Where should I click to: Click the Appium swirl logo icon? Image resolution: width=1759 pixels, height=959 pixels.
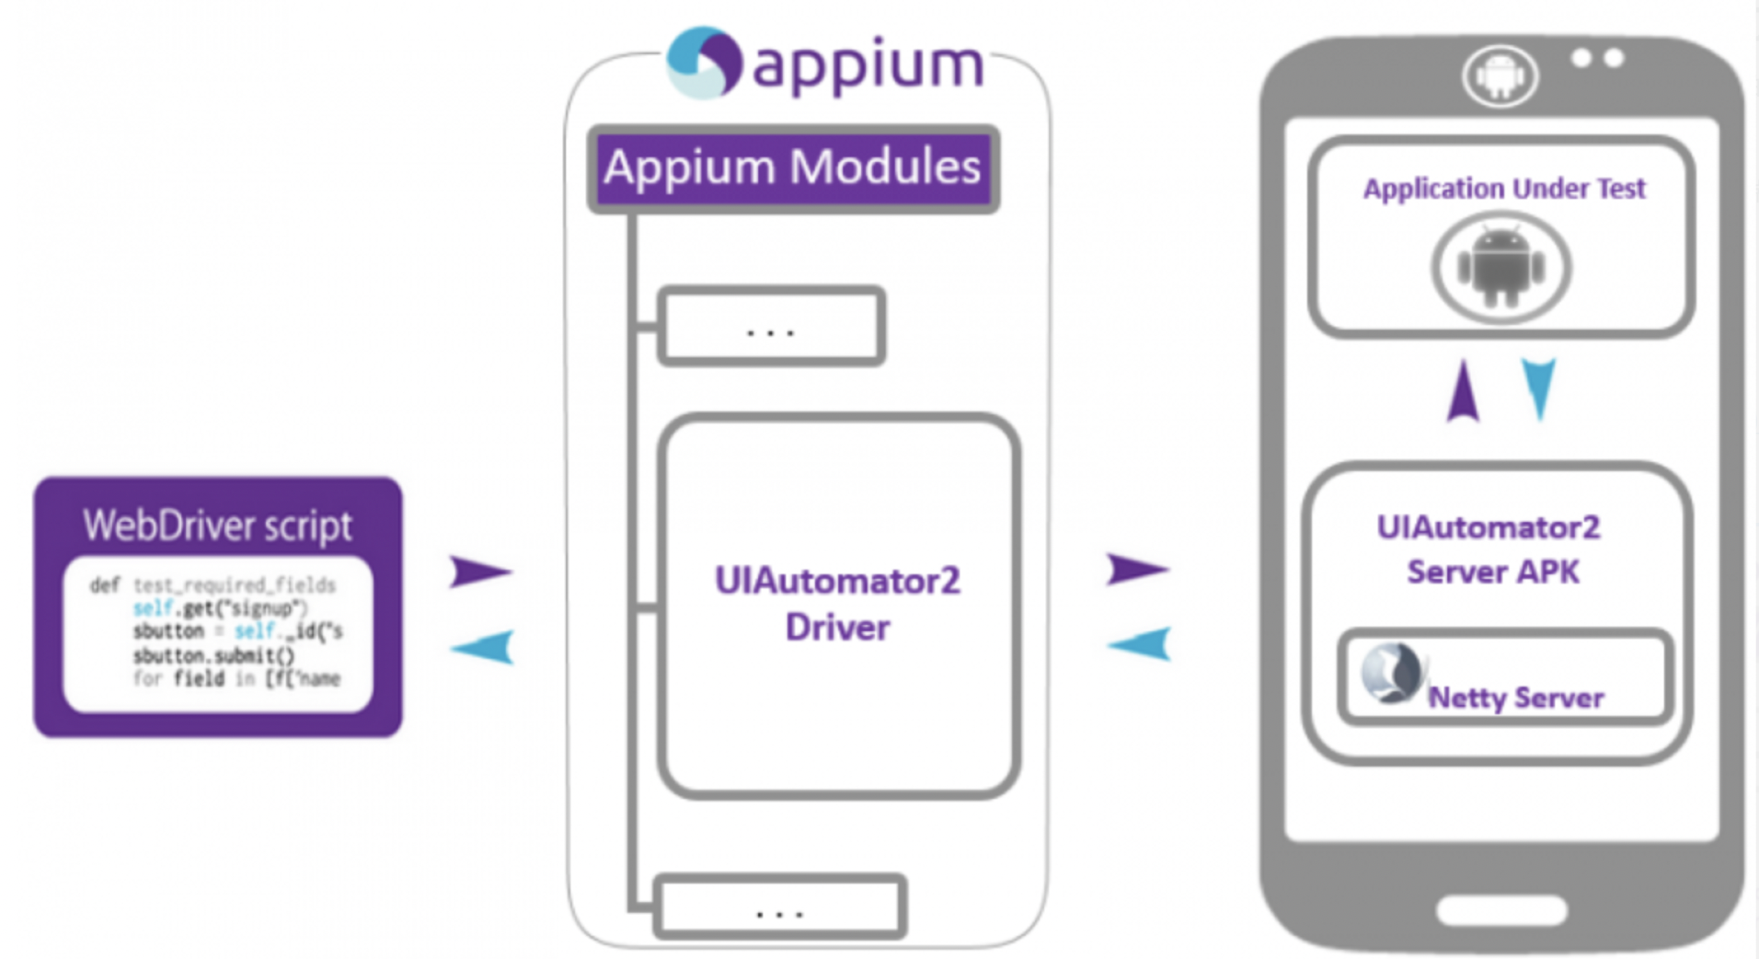[x=704, y=63]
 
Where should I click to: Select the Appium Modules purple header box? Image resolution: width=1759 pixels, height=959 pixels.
[x=793, y=168]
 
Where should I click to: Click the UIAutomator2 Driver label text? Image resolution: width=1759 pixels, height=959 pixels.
[x=837, y=604]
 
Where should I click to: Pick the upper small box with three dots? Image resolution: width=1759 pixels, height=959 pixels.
[x=771, y=327]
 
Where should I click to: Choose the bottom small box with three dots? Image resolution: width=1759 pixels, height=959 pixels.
[x=779, y=907]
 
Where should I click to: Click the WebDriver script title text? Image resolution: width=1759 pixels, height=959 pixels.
[x=218, y=526]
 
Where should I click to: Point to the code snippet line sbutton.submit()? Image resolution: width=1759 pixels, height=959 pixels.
[x=213, y=655]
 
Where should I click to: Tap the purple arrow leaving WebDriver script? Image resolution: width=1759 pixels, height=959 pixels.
[x=479, y=572]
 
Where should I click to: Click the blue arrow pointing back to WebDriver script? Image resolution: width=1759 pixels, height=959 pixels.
[x=484, y=647]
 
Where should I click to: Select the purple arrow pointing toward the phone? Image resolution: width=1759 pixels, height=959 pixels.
[x=1136, y=570]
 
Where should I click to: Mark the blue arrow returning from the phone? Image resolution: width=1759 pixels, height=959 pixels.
[x=1141, y=643]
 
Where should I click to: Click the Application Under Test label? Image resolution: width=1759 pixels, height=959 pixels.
[x=1504, y=189]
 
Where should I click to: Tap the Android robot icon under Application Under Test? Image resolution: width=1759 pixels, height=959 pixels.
[x=1501, y=268]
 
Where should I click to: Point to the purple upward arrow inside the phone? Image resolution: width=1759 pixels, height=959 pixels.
[x=1463, y=391]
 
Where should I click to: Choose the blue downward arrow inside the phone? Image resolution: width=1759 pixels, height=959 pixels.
[x=1539, y=387]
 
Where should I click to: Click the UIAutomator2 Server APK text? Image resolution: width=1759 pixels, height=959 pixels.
[x=1490, y=549]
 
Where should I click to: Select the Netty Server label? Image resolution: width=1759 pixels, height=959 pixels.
[x=1515, y=698]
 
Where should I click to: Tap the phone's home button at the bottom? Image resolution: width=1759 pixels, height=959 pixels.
[x=1501, y=910]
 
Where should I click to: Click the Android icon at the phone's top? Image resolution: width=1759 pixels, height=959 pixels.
[x=1500, y=76]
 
